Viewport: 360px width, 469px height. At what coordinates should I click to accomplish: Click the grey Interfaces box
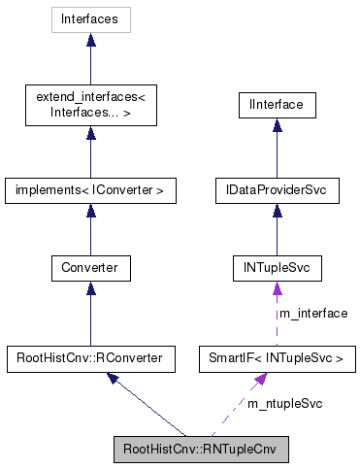point(90,18)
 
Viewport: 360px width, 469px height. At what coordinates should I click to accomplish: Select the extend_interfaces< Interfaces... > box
point(90,104)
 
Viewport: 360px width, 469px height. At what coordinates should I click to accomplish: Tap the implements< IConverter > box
point(90,190)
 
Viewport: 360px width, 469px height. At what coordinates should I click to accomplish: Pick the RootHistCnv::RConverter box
point(90,359)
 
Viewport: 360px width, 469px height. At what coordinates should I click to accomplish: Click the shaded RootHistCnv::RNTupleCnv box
point(200,451)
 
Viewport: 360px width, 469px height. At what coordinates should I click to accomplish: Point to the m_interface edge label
point(312,313)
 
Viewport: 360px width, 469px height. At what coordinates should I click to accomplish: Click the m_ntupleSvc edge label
point(284,402)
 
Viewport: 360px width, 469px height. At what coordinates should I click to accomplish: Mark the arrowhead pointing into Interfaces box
point(90,41)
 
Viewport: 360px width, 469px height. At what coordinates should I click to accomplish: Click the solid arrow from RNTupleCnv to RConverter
point(146,406)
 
